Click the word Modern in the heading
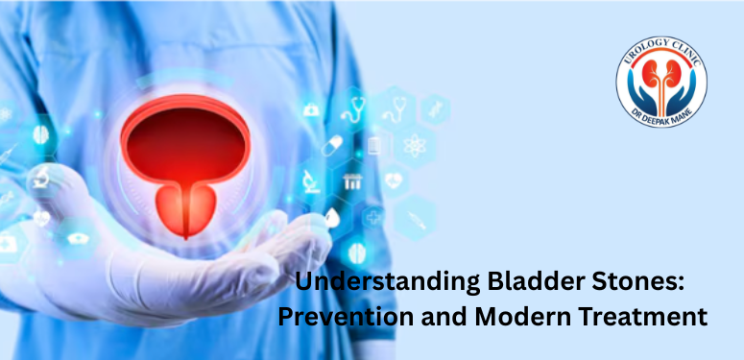(524, 316)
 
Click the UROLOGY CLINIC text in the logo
(662, 54)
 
